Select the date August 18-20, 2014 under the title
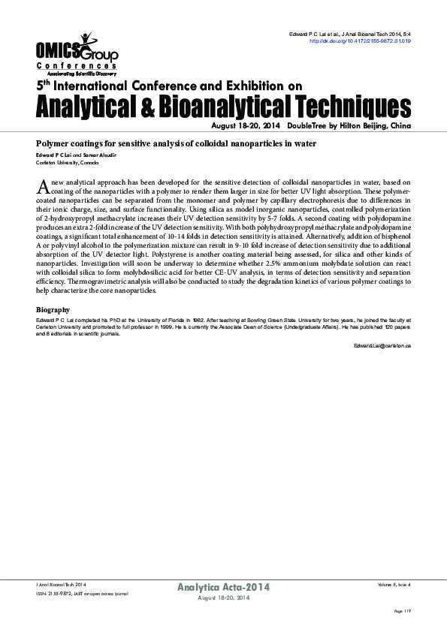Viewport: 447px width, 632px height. point(244,127)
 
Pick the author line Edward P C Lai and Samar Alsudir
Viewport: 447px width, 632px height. point(77,155)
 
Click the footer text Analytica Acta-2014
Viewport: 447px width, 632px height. point(224,586)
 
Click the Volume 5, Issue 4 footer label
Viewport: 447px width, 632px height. point(394,583)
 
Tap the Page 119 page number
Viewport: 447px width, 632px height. point(403,612)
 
